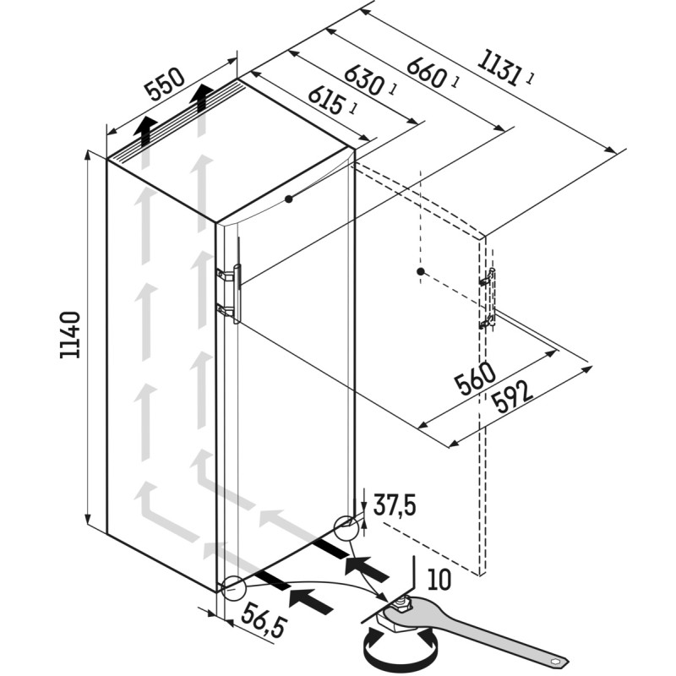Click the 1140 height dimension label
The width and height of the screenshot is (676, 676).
(70, 335)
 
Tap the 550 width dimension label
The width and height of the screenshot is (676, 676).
(165, 83)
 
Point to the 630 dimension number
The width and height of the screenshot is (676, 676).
(364, 79)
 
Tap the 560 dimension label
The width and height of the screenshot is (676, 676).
(475, 379)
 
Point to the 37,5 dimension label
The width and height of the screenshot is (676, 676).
(395, 505)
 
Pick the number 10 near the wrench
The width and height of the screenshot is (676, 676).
(439, 579)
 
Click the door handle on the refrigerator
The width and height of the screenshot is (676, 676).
(237, 293)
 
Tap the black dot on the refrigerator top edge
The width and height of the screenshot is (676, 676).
(288, 199)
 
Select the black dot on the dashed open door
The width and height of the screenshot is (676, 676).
(421, 271)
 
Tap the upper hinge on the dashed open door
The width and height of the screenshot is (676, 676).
(488, 277)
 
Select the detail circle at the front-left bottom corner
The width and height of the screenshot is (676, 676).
(233, 588)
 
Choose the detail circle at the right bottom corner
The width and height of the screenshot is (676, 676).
(346, 528)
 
